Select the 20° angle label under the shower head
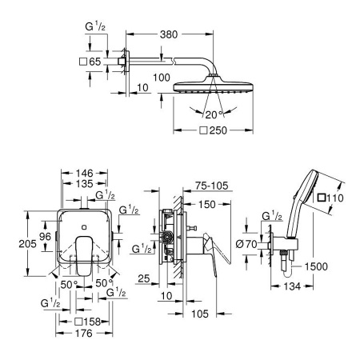(215, 114)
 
